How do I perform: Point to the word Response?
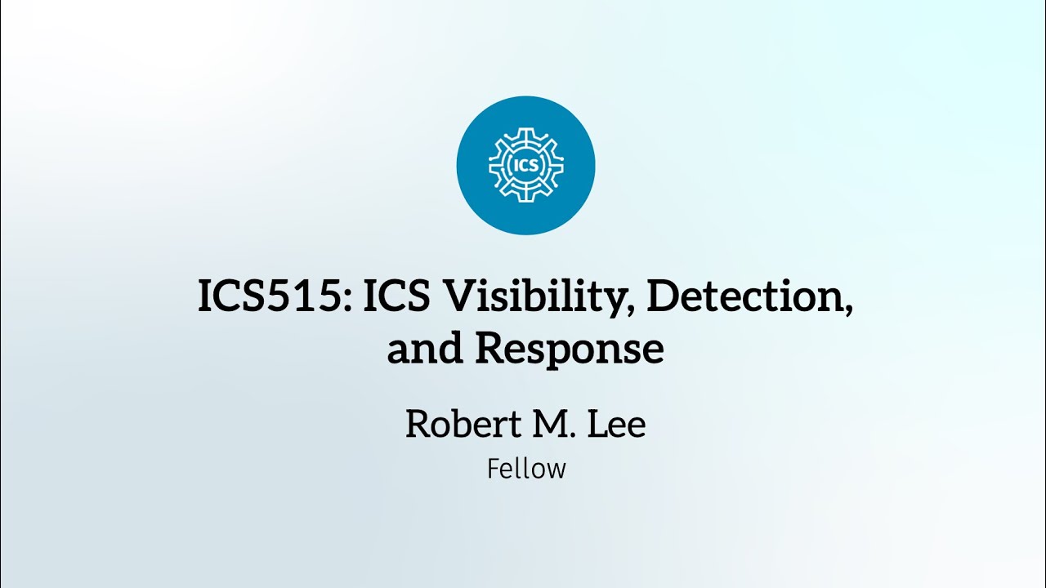(570, 350)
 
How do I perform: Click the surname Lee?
(616, 424)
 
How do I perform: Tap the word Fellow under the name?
(526, 469)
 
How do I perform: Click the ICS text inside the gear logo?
(526, 165)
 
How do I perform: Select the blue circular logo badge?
(525, 165)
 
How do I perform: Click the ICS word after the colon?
(396, 296)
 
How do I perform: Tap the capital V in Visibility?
(463, 296)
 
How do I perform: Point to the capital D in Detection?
(664, 296)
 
